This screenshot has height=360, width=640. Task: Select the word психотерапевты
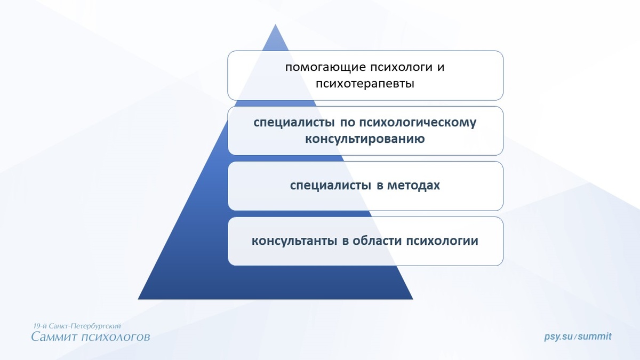point(365,84)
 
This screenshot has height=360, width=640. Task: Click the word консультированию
point(365,139)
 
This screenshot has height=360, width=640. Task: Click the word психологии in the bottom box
point(442,241)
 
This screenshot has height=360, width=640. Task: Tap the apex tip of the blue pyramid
point(275,25)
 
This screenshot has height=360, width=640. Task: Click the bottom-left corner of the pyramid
point(139,299)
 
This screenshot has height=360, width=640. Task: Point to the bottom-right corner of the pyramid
point(412,299)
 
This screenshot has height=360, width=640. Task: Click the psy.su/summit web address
point(578,337)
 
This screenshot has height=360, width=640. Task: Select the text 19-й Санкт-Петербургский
point(77,325)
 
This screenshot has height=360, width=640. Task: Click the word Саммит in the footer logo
point(55,337)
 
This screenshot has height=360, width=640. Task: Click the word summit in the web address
point(595,337)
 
